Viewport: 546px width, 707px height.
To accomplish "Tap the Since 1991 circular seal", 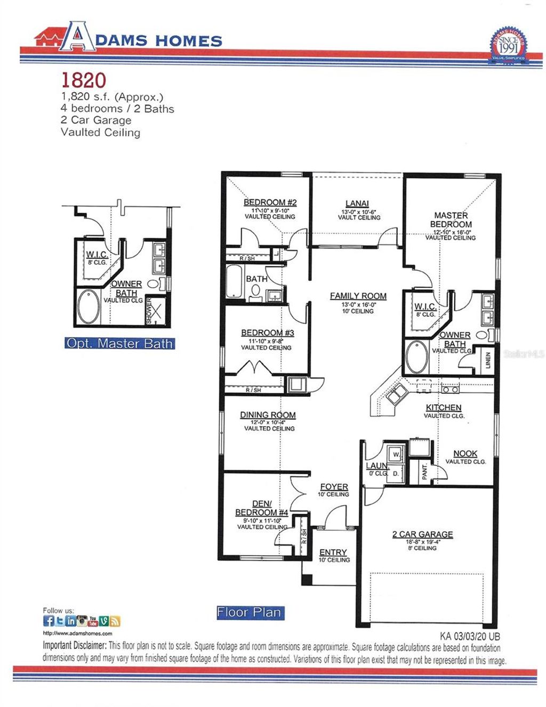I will (x=508, y=45).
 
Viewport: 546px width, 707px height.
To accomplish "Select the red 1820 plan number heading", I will (x=84, y=80).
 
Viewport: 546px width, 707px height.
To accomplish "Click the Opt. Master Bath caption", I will (x=119, y=344).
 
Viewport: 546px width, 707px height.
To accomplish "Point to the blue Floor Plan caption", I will (x=249, y=613).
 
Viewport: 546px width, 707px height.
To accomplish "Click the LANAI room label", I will (x=357, y=203).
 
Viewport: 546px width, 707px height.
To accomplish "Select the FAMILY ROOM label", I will (x=358, y=296).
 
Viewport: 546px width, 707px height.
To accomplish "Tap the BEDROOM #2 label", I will (x=270, y=202).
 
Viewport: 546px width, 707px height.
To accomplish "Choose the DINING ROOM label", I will (x=268, y=415).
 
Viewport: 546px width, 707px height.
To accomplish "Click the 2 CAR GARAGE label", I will (x=422, y=534).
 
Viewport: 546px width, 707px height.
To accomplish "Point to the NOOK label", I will (x=465, y=453).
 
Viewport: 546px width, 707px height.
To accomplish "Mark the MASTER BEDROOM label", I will (x=451, y=220).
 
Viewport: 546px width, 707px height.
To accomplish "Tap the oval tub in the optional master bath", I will (x=88, y=308).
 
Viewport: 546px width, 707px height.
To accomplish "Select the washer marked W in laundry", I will (x=396, y=454).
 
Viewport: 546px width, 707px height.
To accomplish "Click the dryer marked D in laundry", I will (x=396, y=473).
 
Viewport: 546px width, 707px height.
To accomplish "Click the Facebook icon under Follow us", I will (x=49, y=621).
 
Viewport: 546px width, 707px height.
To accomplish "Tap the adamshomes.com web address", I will (x=77, y=633).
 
